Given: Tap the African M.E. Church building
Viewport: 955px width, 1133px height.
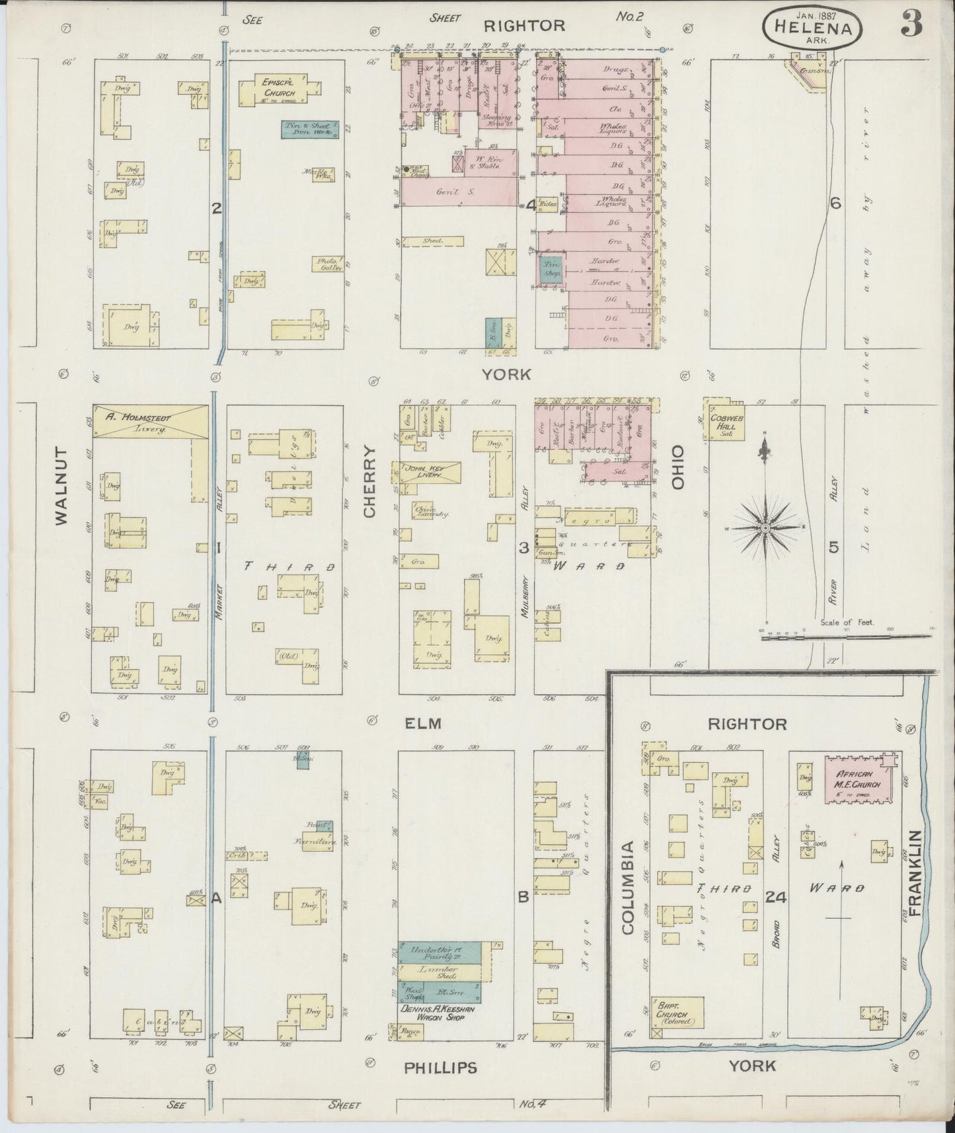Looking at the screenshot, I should click(x=859, y=778).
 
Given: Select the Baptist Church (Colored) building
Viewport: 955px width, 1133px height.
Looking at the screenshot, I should click(x=677, y=1016).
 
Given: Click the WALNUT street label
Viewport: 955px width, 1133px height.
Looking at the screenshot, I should click(x=62, y=486).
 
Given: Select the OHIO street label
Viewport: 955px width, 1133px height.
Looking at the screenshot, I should click(x=677, y=466).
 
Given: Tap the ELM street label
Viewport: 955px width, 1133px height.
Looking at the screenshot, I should click(x=422, y=723).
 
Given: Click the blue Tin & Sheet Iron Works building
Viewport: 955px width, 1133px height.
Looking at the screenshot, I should click(x=310, y=129).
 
